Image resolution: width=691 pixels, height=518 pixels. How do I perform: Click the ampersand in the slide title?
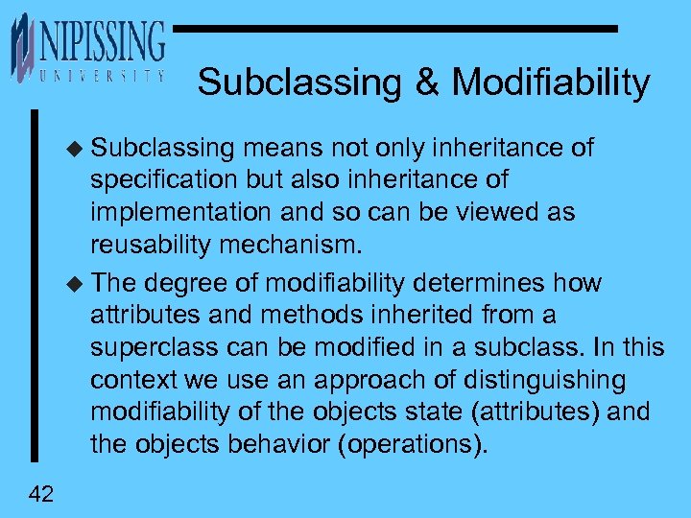(427, 82)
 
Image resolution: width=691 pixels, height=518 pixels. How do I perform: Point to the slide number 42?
(42, 494)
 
